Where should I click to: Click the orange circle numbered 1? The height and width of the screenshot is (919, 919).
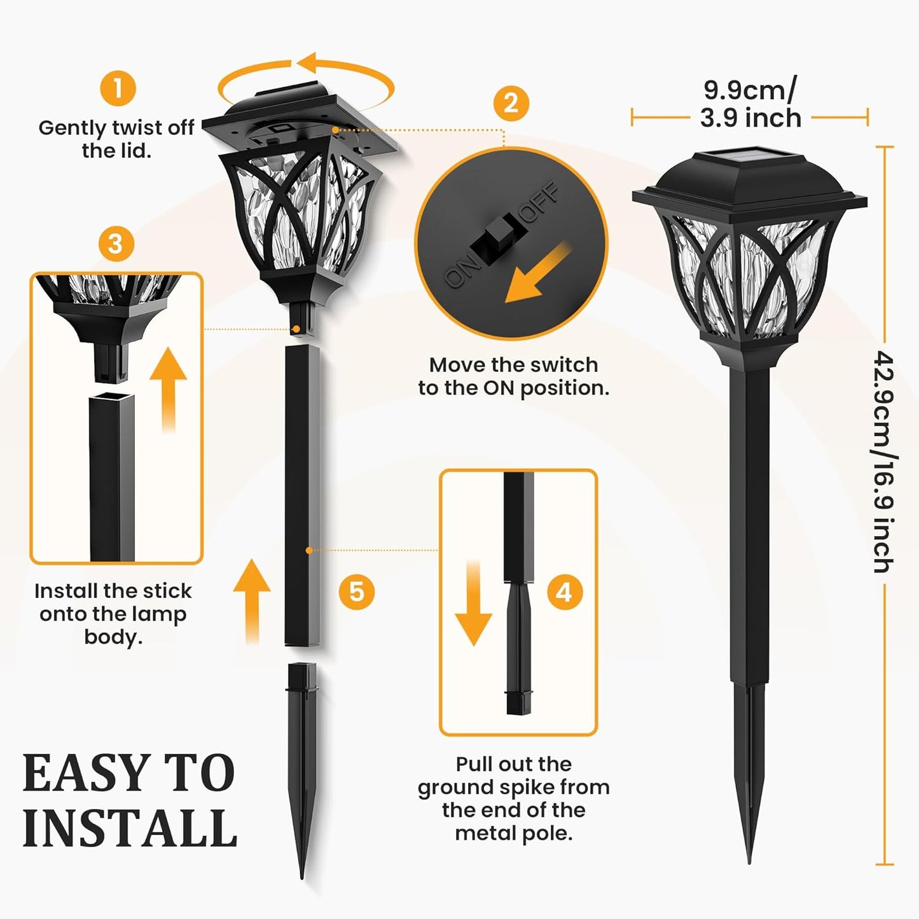(118, 88)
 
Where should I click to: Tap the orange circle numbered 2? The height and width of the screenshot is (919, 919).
(511, 103)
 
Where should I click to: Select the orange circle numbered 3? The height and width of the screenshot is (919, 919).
(116, 244)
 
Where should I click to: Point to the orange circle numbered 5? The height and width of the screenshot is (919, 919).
(356, 591)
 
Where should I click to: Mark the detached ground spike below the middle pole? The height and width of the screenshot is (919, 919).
(303, 763)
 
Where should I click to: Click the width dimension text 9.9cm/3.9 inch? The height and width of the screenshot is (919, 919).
(750, 104)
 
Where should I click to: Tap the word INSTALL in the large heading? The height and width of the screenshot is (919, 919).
(130, 828)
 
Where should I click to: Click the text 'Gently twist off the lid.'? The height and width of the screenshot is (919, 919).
(116, 139)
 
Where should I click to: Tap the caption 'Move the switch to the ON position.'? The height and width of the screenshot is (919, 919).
(513, 376)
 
